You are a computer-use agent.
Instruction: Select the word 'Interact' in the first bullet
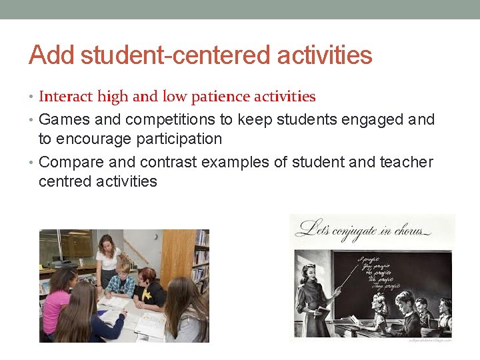click(65, 97)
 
